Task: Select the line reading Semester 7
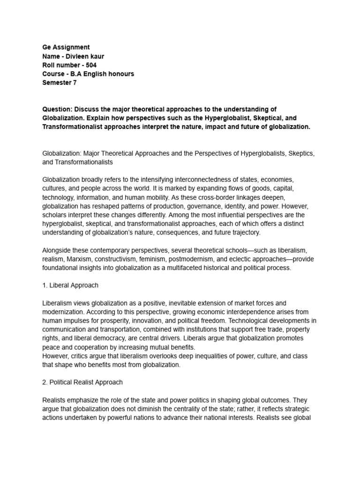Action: tap(60, 83)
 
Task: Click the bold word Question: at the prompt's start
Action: tap(58, 109)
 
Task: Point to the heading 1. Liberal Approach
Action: tap(70, 285)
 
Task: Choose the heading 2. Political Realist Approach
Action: tap(82, 382)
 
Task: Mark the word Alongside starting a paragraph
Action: tap(58, 250)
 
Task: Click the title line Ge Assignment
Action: tap(66, 47)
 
